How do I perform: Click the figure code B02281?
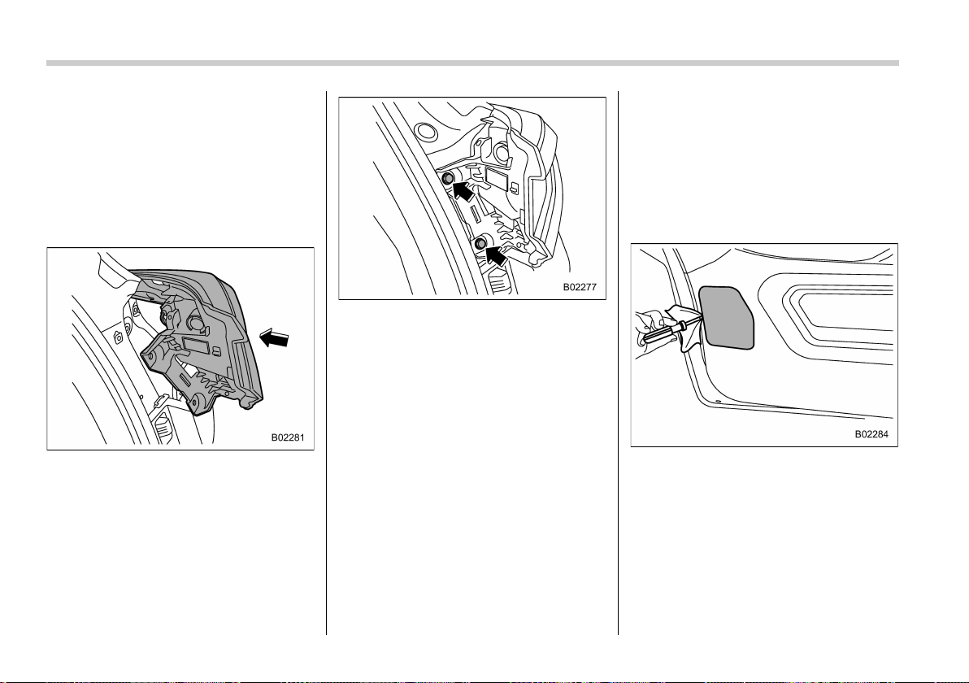pos(287,437)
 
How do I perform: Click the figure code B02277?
pos(580,287)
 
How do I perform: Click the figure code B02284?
pos(871,434)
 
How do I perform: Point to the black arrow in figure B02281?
pos(275,338)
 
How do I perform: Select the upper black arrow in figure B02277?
pos(463,189)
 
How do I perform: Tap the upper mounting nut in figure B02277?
pos(447,179)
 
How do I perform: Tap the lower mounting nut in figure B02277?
pos(480,244)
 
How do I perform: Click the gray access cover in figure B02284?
pos(727,317)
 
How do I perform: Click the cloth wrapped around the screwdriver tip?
pos(688,328)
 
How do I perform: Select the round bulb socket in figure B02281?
pos(196,323)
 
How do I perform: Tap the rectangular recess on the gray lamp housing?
pos(198,346)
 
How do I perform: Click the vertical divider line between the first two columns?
pos(326,363)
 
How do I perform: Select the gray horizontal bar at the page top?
pos(473,63)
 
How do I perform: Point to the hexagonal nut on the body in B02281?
pos(117,337)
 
